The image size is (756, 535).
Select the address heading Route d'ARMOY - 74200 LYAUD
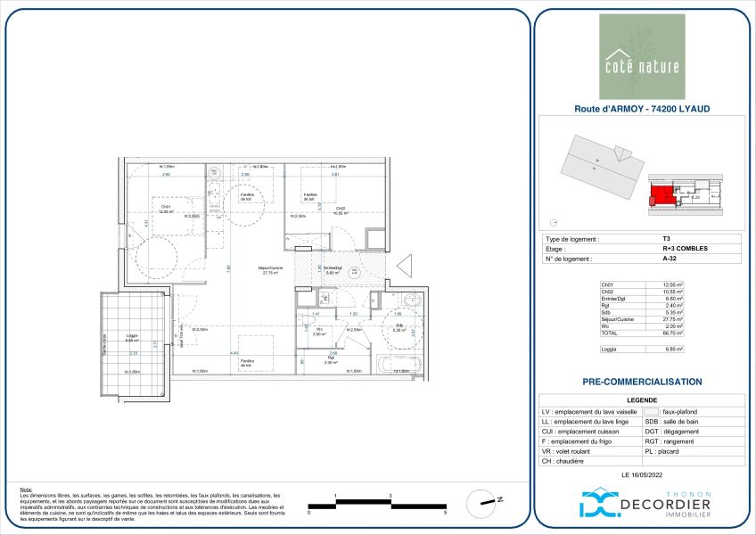(642, 110)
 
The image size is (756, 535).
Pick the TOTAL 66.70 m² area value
(674, 332)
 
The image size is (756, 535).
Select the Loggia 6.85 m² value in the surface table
(674, 350)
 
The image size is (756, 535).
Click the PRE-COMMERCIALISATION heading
(642, 382)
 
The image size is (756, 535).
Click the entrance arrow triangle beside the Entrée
(403, 265)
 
